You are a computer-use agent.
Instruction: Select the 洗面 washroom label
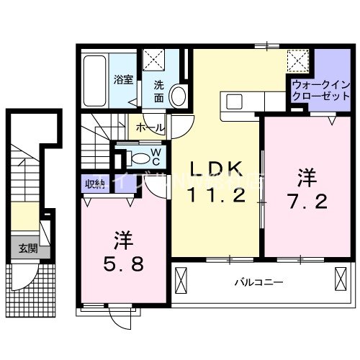[157, 90]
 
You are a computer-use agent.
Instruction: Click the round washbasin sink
[180, 95]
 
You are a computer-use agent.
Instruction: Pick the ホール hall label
[149, 127]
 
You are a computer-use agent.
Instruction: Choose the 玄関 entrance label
[28, 249]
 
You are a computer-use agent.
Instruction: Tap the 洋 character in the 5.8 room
[122, 238]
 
